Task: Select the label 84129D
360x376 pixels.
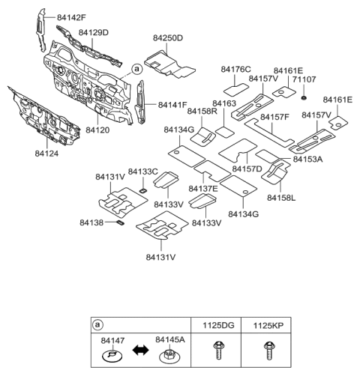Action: pyautogui.click(x=94, y=33)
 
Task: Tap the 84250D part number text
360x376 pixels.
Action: pyautogui.click(x=167, y=37)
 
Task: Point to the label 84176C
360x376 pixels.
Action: pyautogui.click(x=235, y=69)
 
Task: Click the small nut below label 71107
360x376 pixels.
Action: pyautogui.click(x=304, y=98)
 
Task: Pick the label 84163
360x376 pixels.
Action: pyautogui.click(x=224, y=103)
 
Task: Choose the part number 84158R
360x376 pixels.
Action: pyautogui.click(x=202, y=111)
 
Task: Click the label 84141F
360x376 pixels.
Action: pyautogui.click(x=173, y=105)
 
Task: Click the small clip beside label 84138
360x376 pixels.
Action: pyautogui.click(x=119, y=222)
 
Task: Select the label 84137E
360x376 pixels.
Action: pyautogui.click(x=202, y=188)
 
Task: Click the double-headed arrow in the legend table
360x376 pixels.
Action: pyautogui.click(x=139, y=349)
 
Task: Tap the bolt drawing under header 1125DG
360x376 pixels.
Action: pyautogui.click(x=219, y=349)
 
